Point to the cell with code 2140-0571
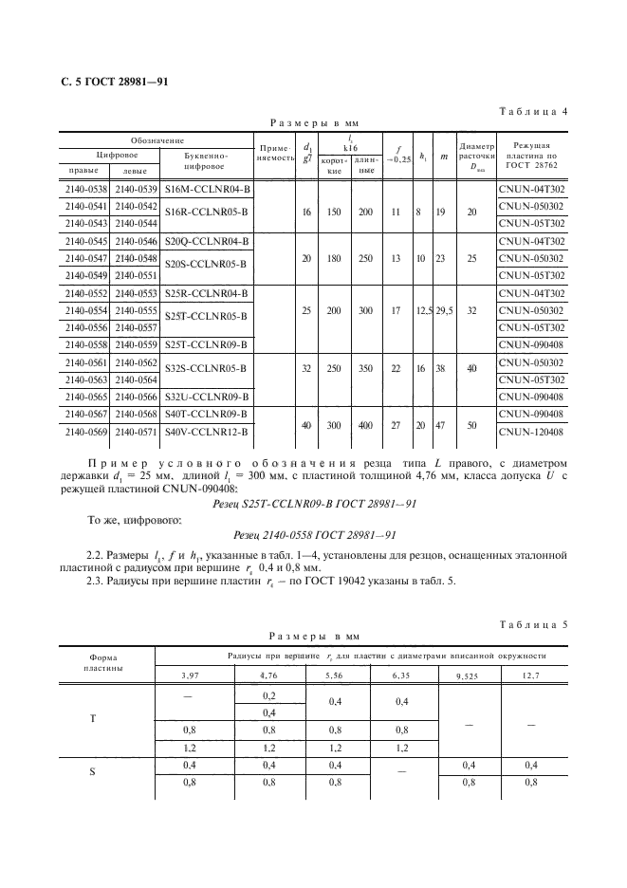(x=135, y=432)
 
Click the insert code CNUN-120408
(x=530, y=432)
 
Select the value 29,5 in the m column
(x=442, y=308)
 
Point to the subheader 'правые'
(x=84, y=170)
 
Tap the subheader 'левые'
(x=135, y=170)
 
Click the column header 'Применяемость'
(x=274, y=155)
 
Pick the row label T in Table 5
(x=92, y=718)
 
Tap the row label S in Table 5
(x=92, y=772)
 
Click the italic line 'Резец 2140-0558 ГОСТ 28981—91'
(x=313, y=534)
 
